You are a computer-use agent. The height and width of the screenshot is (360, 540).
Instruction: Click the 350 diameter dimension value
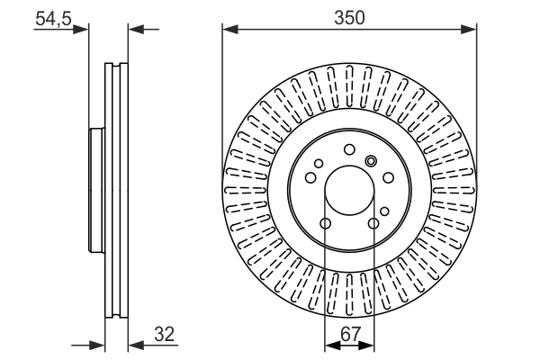tap(350, 16)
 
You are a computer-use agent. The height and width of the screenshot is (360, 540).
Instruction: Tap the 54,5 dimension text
tap(52, 18)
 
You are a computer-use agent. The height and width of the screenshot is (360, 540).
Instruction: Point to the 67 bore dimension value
tap(349, 334)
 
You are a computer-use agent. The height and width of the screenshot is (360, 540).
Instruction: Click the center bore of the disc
tap(349, 192)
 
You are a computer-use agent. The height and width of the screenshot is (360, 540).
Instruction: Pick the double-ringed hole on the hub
tap(370, 161)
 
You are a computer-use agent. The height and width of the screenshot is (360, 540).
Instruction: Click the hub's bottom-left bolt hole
tap(326, 223)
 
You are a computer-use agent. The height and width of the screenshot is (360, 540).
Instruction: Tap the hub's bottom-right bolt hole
tap(373, 223)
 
